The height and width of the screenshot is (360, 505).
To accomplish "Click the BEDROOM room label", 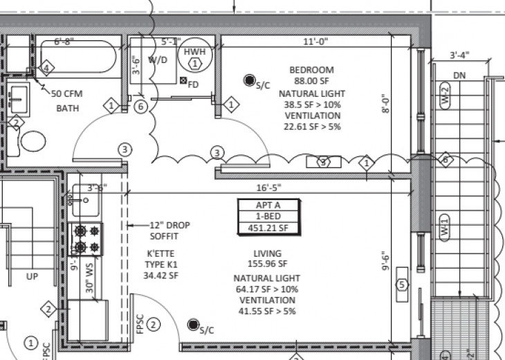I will point(311,70).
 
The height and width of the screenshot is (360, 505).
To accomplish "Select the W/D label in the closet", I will point(158,60).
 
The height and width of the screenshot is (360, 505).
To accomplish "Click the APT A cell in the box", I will point(268,205).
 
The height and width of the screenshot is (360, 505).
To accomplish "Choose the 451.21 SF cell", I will point(268,227).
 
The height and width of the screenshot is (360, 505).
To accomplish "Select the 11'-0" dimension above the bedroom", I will point(315,42).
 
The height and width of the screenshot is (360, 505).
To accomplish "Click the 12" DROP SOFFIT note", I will point(169,231).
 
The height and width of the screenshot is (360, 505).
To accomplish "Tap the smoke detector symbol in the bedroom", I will point(248,81).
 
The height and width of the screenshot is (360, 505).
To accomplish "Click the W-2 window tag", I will point(446,94).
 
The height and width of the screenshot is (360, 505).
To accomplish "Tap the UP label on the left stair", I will point(32,276).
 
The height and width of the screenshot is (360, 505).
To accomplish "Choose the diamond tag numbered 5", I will point(401,285).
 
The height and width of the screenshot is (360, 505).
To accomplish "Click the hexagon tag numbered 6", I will point(140,106).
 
